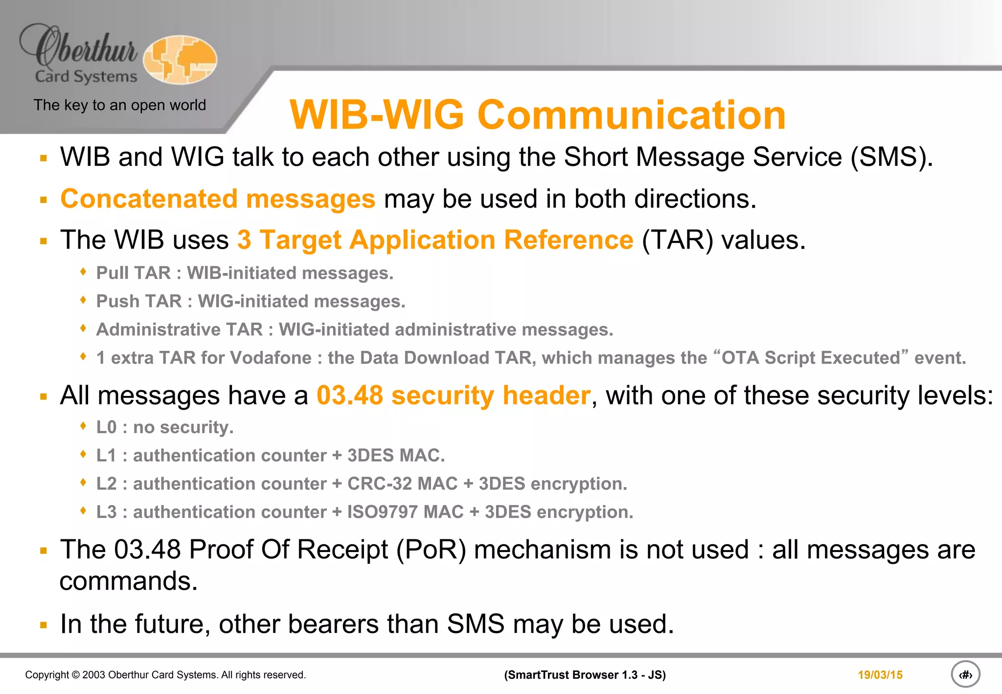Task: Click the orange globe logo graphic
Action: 180,59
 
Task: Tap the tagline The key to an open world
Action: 120,105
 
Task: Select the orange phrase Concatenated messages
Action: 218,199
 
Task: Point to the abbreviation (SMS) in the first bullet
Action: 891,158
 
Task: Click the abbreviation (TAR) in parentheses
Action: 677,240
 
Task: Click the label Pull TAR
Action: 133,273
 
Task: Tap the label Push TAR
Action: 138,301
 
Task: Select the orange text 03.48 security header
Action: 454,395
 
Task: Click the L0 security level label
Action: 106,427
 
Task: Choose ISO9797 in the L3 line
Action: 380,512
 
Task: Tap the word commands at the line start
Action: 128,581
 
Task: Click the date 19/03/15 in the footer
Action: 880,675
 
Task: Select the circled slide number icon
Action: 965,674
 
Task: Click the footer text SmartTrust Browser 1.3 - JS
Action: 585,675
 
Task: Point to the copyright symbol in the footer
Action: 75,675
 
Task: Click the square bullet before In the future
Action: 44,625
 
